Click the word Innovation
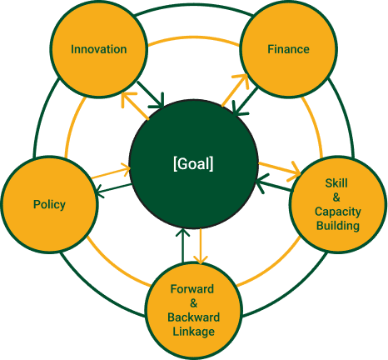point(98,48)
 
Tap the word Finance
point(288,48)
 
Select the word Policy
point(49,204)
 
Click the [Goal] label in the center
point(193,164)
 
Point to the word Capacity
point(337,211)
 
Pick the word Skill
point(337,182)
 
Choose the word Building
point(337,226)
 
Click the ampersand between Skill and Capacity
point(337,197)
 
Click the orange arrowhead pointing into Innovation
point(126,97)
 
